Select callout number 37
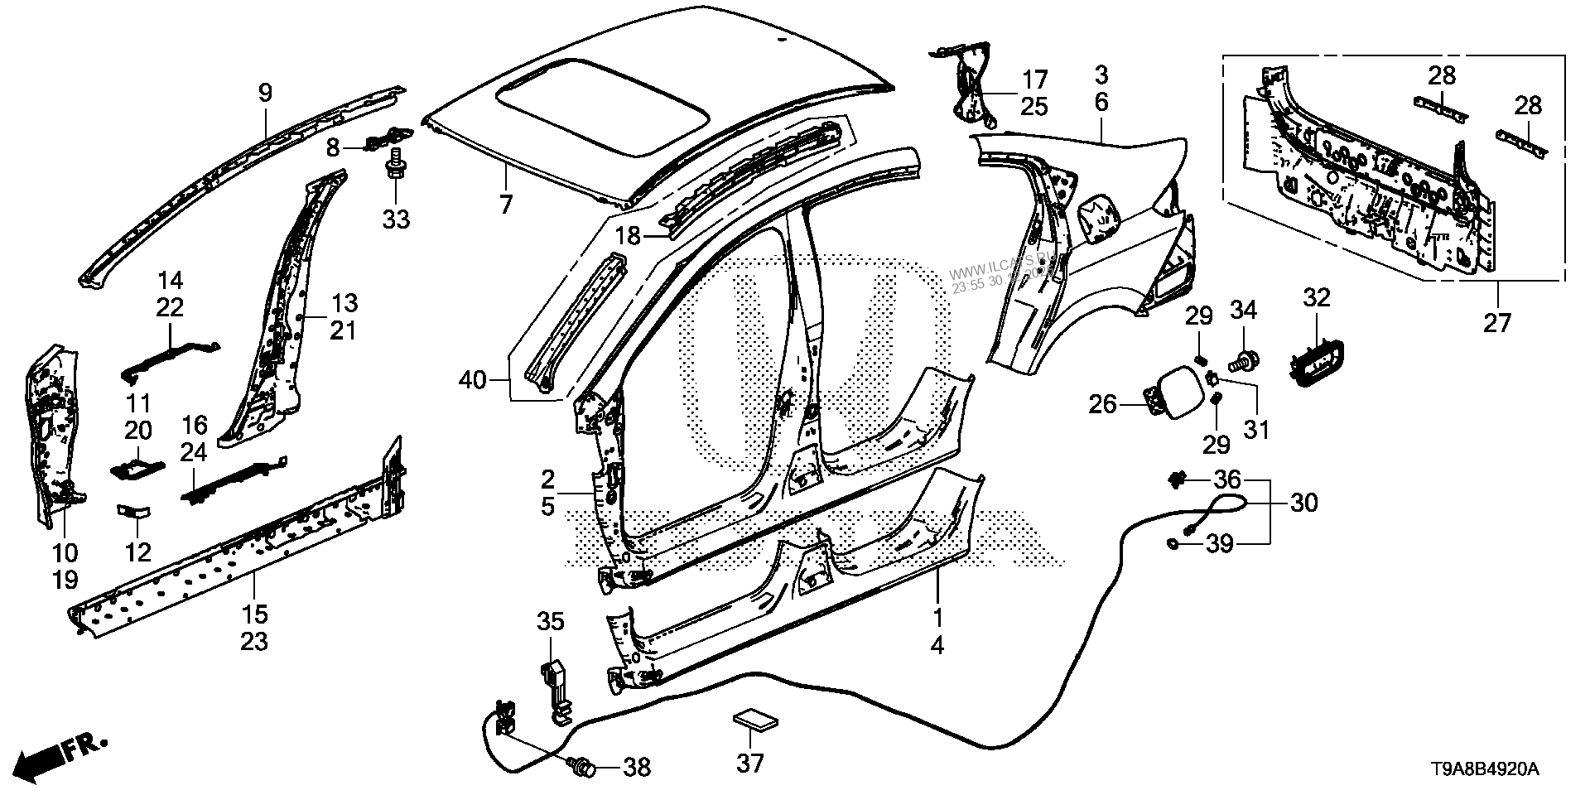751,762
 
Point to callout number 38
636,768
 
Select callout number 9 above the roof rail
265,92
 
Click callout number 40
473,381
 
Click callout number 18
628,236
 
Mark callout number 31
1256,429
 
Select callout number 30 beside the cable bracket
1304,503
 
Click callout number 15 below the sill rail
255,614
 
